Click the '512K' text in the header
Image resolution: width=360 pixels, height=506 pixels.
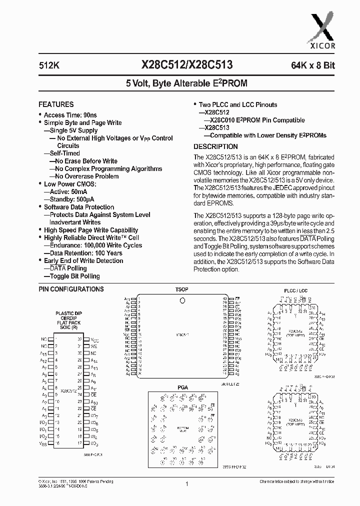48,64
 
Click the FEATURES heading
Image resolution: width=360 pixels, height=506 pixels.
56,104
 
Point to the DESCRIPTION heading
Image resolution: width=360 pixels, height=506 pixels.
215,146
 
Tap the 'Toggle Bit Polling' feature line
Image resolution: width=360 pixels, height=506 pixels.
74,276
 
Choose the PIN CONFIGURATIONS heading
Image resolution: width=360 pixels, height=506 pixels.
71,289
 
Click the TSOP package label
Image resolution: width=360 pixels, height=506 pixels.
181,289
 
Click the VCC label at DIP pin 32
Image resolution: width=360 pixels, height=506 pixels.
94,339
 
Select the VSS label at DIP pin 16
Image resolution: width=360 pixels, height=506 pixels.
43,443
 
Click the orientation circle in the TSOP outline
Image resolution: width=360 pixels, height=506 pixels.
182,300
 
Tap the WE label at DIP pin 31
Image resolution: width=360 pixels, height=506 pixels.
93,346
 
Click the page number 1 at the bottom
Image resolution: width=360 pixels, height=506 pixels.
186,483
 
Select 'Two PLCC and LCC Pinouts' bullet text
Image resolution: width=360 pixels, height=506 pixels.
237,105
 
